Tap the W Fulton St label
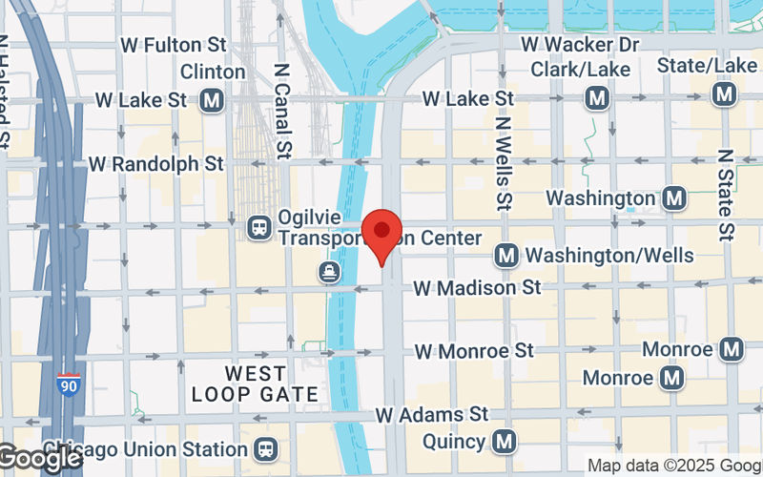point(175,45)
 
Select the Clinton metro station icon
point(212,99)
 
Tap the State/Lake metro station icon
point(725,93)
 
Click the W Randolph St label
point(156,164)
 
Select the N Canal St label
point(280,111)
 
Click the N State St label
point(726,195)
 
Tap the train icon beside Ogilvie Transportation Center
point(258,227)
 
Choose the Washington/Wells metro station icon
point(505,256)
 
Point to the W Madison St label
point(477,287)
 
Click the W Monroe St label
point(474,351)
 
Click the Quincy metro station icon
point(505,441)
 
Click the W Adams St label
point(433,415)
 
